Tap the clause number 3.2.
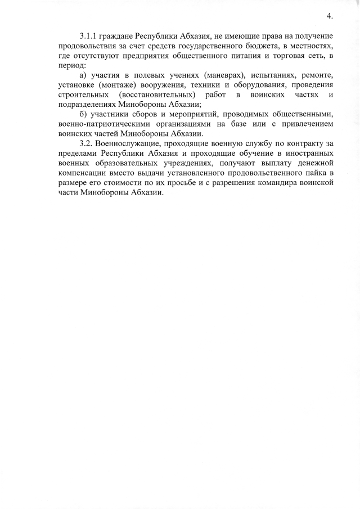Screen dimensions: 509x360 pos(88,143)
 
